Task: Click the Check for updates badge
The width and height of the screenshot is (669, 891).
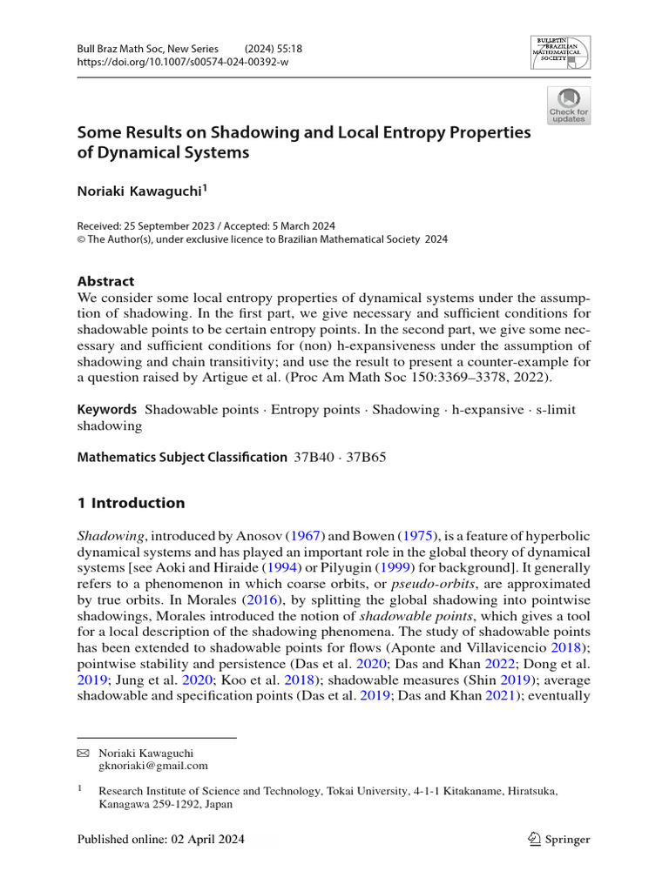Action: pos(568,105)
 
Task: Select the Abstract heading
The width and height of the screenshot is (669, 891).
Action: pos(105,281)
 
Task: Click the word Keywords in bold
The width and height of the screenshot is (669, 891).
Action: pos(107,409)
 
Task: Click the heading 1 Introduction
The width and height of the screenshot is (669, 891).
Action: pos(131,503)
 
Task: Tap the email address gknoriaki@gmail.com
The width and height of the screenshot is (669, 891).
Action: pos(153,766)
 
